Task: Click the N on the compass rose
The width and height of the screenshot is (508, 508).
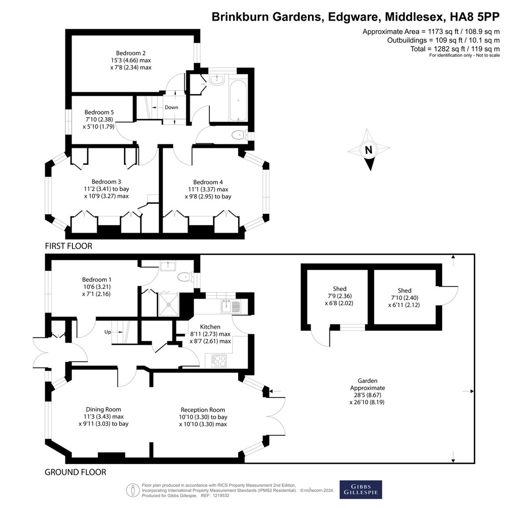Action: click(x=369, y=150)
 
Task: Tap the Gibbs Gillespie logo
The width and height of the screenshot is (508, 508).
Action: click(x=361, y=489)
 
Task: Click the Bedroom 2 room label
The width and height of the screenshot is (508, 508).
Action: click(x=131, y=60)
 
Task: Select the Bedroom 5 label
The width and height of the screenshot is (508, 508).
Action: click(x=99, y=119)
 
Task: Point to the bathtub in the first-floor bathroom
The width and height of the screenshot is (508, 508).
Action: click(x=239, y=100)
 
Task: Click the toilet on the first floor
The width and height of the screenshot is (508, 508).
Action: click(x=240, y=134)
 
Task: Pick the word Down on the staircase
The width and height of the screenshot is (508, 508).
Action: click(x=171, y=107)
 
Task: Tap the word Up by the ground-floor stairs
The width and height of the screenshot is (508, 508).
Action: click(x=108, y=332)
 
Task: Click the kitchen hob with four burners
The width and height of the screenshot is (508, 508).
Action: click(x=219, y=361)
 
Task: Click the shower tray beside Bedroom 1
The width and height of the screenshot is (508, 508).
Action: click(x=169, y=304)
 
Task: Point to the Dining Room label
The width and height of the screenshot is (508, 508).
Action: click(x=103, y=417)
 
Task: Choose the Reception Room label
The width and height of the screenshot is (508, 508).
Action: click(x=203, y=417)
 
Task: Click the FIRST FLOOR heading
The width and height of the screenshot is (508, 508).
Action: click(x=68, y=246)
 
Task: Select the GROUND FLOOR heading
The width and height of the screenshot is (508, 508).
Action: click(x=75, y=472)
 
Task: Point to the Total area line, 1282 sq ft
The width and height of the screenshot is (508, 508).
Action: click(x=455, y=49)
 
